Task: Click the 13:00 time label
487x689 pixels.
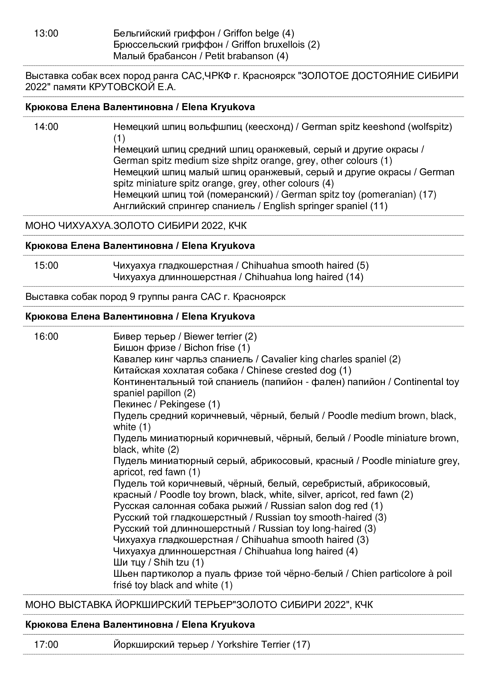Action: [x=46, y=33]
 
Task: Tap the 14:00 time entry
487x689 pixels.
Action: [x=46, y=127]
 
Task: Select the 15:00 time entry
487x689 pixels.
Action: [x=46, y=266]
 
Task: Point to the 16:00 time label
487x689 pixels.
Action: [x=46, y=336]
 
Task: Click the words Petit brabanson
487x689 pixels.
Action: [x=239, y=56]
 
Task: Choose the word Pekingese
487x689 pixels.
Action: [x=182, y=404]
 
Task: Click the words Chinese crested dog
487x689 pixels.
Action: [x=291, y=370]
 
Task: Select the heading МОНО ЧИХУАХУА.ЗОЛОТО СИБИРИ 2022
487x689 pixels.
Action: [x=136, y=226]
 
